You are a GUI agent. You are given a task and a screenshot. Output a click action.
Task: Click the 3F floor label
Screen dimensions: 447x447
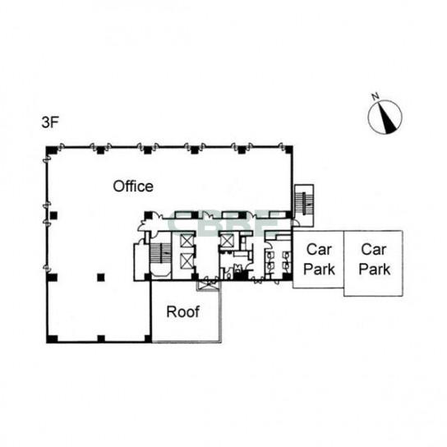click(x=50, y=123)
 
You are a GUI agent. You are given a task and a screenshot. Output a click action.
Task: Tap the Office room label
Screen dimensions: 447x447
click(x=133, y=187)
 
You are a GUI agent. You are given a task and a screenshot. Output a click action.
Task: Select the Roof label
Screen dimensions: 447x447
click(x=182, y=312)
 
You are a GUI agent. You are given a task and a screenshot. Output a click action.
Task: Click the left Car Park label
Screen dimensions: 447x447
click(x=319, y=260)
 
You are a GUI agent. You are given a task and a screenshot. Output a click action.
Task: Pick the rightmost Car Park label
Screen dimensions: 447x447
click(x=375, y=260)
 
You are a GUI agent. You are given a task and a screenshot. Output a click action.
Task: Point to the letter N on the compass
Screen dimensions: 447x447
click(x=376, y=96)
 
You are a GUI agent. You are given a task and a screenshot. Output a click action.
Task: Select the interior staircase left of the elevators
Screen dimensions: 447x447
click(x=160, y=254)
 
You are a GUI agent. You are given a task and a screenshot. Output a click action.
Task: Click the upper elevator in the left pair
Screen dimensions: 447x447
click(x=187, y=242)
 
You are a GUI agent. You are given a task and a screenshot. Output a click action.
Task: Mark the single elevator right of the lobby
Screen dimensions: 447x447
click(x=228, y=242)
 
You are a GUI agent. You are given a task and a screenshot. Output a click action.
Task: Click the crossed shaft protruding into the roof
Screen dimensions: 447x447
click(x=209, y=286)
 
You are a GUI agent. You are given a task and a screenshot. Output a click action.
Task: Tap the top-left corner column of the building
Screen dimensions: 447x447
click(x=51, y=150)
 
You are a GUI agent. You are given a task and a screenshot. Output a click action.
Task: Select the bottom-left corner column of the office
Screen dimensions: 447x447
click(x=52, y=339)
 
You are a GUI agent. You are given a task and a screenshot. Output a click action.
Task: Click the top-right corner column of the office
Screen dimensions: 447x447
click(x=288, y=150)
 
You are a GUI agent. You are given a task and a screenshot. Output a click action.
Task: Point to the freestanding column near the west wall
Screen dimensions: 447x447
click(x=53, y=215)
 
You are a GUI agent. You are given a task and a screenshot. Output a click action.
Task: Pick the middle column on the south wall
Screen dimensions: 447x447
click(x=101, y=339)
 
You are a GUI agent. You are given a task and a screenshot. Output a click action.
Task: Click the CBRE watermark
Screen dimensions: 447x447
click(x=223, y=224)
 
